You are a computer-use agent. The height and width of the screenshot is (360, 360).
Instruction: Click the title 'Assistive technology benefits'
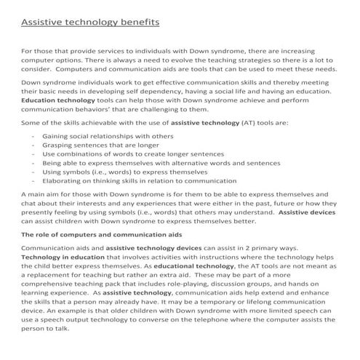point(90,23)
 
